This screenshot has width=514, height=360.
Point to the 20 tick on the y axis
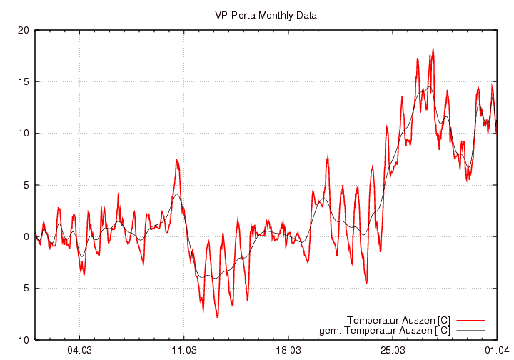(x=24, y=30)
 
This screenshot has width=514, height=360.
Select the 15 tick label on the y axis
(x=24, y=81)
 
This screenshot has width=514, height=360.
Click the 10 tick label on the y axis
(x=24, y=134)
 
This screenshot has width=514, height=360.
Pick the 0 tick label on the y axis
(x=26, y=236)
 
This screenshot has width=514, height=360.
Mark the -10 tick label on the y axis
(x=22, y=340)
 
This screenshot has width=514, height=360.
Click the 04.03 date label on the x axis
(x=79, y=351)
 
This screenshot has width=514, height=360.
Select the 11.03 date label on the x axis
(x=183, y=351)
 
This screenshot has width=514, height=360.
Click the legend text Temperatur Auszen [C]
(x=398, y=319)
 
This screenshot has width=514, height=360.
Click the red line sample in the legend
(x=470, y=319)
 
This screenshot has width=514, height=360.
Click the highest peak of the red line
(x=433, y=49)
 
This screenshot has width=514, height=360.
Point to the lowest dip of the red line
(x=217, y=316)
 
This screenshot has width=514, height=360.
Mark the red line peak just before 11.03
(x=176, y=159)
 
